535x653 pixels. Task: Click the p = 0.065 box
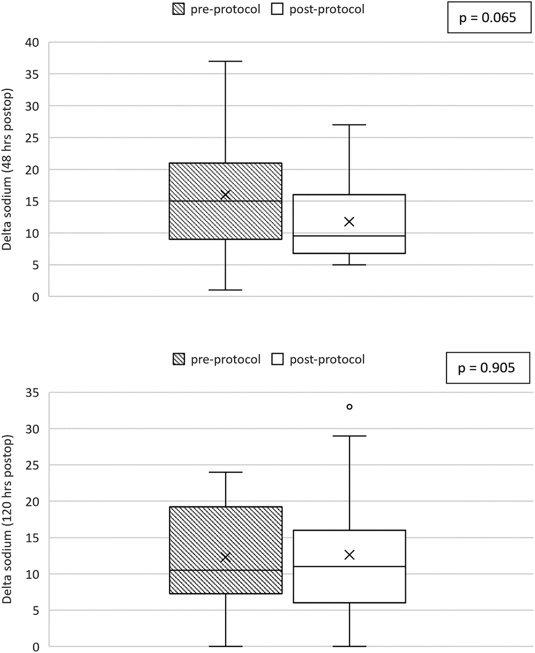point(488,18)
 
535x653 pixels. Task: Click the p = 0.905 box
point(488,368)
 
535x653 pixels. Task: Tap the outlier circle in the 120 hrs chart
point(349,407)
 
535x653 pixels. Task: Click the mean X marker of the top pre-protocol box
point(225,195)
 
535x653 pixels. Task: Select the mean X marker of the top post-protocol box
point(349,222)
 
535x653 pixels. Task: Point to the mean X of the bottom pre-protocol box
point(225,557)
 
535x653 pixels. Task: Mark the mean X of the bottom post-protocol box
point(349,555)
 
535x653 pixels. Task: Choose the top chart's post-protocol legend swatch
point(278,10)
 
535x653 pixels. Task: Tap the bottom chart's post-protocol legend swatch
point(278,360)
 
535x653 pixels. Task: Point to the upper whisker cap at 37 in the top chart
point(225,61)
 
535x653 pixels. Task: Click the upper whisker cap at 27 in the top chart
point(349,125)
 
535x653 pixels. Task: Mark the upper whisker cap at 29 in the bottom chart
point(349,436)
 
